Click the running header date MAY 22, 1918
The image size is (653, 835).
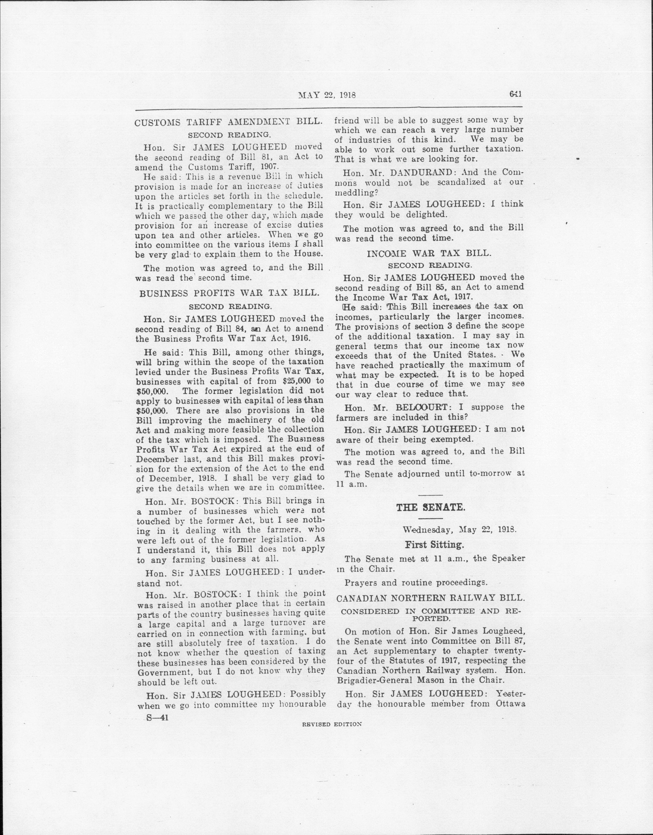(327, 95)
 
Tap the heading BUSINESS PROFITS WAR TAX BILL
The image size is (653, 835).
(229, 293)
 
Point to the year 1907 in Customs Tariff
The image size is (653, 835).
(271, 167)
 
